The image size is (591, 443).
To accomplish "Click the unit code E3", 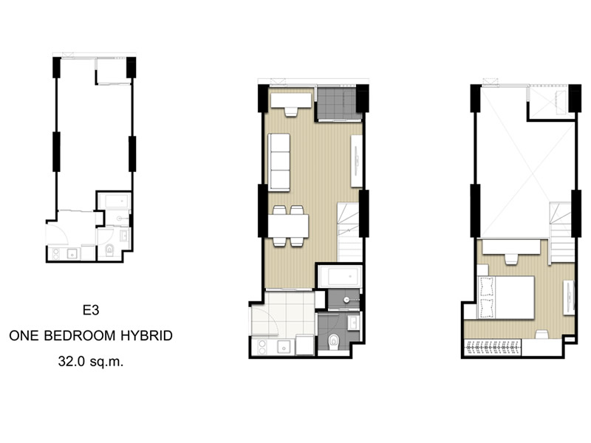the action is (x=91, y=310).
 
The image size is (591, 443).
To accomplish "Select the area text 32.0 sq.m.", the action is (x=91, y=362).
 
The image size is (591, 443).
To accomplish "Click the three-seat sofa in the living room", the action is (x=279, y=162).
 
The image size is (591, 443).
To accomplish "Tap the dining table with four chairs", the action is (x=288, y=226).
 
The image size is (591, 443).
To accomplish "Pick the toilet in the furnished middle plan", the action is (x=334, y=342).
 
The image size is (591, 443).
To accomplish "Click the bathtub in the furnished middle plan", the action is (x=340, y=277).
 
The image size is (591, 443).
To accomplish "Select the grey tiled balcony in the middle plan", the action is (x=337, y=103).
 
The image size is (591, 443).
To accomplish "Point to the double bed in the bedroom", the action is (x=506, y=298).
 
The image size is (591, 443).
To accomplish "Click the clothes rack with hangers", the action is (x=493, y=347).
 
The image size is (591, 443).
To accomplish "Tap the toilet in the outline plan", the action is (x=109, y=250).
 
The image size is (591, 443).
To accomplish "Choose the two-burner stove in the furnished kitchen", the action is (x=262, y=347).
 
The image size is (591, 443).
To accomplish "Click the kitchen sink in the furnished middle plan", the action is (x=285, y=346).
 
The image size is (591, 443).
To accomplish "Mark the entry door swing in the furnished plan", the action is (x=265, y=320).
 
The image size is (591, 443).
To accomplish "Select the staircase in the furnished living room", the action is (x=349, y=233).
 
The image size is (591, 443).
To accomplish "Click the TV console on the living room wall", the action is (x=356, y=161).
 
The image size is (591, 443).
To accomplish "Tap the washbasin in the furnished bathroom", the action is (x=354, y=323).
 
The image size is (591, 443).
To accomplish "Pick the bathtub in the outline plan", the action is (x=117, y=202).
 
